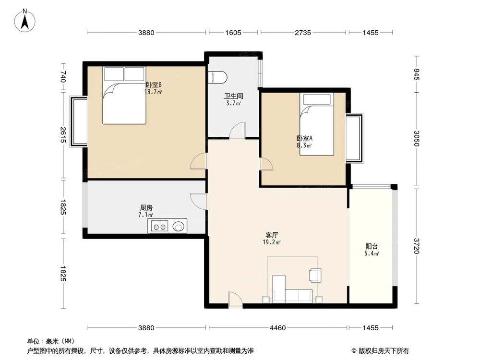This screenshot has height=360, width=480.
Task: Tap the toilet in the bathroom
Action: (217, 77)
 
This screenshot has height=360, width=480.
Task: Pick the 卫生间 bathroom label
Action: (234, 96)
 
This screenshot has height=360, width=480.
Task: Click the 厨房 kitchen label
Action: (146, 208)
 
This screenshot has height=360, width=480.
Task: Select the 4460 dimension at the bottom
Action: (277, 328)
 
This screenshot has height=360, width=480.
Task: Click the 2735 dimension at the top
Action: (303, 33)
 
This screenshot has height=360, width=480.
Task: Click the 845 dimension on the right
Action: (417, 75)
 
